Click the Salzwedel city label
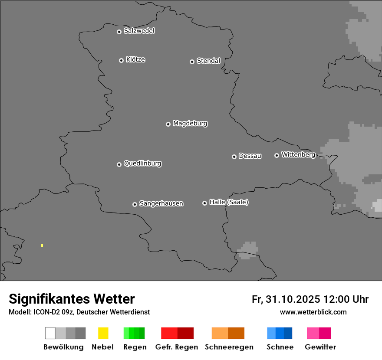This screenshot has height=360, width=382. pyautogui.click(x=139, y=31)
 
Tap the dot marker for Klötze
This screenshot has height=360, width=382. pyautogui.click(x=121, y=60)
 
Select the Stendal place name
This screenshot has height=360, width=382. pyautogui.click(x=208, y=61)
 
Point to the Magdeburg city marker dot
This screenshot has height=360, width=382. pyautogui.click(x=168, y=124)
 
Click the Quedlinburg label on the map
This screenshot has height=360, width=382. pyautogui.click(x=142, y=164)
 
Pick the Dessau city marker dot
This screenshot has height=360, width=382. pyautogui.click(x=234, y=157)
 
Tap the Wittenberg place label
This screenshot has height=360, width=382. pyautogui.click(x=298, y=154)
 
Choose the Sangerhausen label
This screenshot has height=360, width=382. pyautogui.click(x=161, y=203)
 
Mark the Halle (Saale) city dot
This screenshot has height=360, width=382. pyautogui.click(x=204, y=203)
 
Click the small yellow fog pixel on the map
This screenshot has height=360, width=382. pyautogui.click(x=42, y=245)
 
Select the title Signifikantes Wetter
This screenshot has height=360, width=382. pyautogui.click(x=72, y=299)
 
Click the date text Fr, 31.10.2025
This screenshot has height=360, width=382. pyautogui.click(x=286, y=299)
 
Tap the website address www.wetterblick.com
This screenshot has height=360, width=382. pyautogui.click(x=313, y=312)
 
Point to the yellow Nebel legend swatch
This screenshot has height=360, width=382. pyautogui.click(x=103, y=333)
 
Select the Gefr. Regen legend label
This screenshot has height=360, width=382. pyautogui.click(x=176, y=347)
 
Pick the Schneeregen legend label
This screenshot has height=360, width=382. pyautogui.click(x=228, y=347)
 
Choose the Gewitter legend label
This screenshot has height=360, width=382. pyautogui.click(x=320, y=347)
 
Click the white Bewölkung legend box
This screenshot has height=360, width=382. pyautogui.click(x=50, y=333)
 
